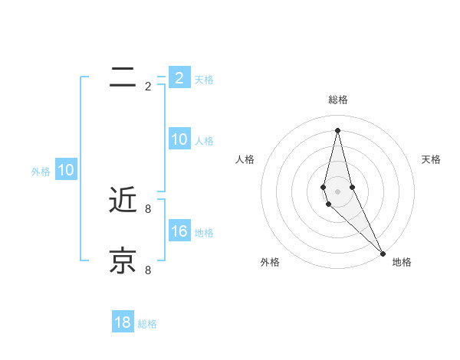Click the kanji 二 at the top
123,76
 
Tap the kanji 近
123,200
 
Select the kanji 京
123,260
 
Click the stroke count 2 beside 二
148,87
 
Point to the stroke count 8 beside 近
148,208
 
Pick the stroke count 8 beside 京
148,270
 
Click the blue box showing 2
179,78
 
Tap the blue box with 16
179,231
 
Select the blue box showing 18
123,322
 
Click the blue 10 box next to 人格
179,139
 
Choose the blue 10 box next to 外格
66,170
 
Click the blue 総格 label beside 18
147,324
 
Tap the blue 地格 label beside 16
204,233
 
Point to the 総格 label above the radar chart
338,100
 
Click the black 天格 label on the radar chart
431,159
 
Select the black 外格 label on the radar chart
270,262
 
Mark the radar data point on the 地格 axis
383,253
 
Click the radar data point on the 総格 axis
338,129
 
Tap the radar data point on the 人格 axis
324,187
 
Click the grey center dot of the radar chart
338,191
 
